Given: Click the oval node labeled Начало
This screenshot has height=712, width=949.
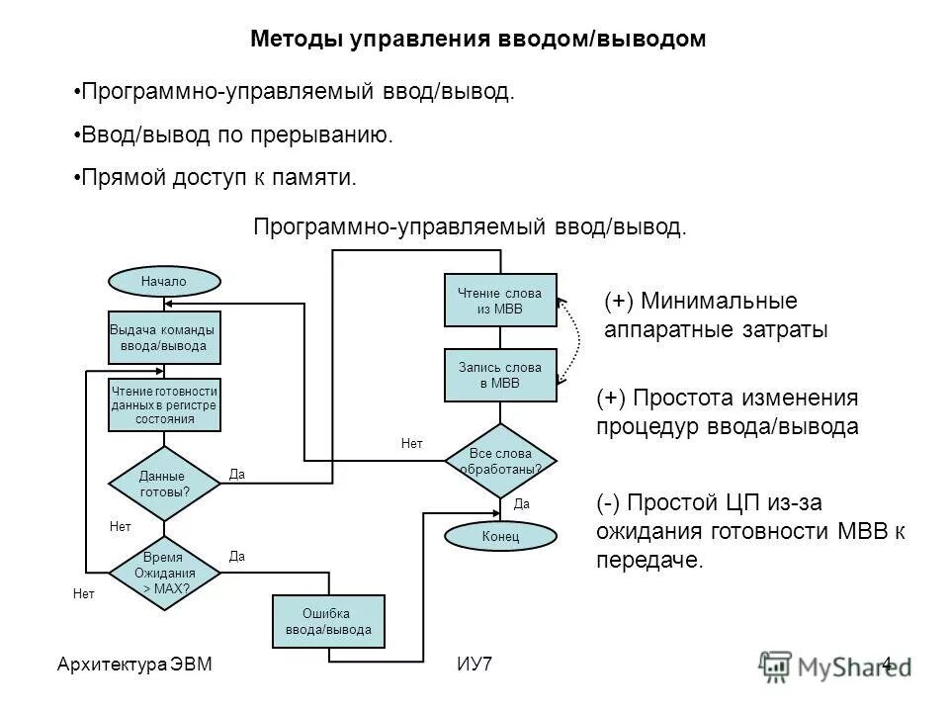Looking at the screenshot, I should pos(163,282).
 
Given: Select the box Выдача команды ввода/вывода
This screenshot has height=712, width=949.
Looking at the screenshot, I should pos(163,338).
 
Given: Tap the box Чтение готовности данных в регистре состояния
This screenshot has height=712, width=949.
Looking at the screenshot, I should pos(163,404).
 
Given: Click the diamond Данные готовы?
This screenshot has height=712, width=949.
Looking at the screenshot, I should pos(163,483).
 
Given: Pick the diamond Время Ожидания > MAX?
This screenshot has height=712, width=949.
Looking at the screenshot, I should pos(164,572).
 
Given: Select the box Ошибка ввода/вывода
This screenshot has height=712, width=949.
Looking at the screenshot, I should pos(328,620).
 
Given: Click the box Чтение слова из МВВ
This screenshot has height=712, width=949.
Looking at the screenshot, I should pos(500,300).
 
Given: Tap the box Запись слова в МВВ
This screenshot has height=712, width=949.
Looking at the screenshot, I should pos(500,375).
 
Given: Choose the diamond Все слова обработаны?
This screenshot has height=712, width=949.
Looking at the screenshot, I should pos(500,460).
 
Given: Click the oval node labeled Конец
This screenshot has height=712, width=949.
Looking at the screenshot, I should pos(500,536).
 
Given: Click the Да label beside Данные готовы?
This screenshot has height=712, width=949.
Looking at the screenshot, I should pos(236,475).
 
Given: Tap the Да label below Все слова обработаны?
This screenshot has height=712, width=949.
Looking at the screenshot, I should pos(523,503).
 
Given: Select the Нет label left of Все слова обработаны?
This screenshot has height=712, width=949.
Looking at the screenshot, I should pos(412,445).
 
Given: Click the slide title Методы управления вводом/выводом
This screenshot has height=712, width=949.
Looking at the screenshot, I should pos(477,40).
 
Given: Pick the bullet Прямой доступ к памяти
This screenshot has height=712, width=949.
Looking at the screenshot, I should pos(216,178).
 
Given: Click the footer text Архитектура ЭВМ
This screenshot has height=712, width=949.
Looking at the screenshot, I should pos(134,664).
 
